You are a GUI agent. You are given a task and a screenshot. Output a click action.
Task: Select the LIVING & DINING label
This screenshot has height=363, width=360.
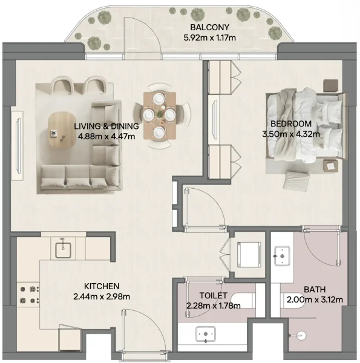[x=106, y=126]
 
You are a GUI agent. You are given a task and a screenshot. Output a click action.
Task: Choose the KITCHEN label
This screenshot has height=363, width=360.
[x=101, y=286]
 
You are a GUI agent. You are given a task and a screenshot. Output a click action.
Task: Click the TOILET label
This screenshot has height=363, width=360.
[x=213, y=296]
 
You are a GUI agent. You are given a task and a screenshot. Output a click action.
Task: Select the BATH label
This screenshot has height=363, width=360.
[x=314, y=290]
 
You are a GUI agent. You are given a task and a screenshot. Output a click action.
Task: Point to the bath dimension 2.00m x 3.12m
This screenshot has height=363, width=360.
[x=314, y=299]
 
